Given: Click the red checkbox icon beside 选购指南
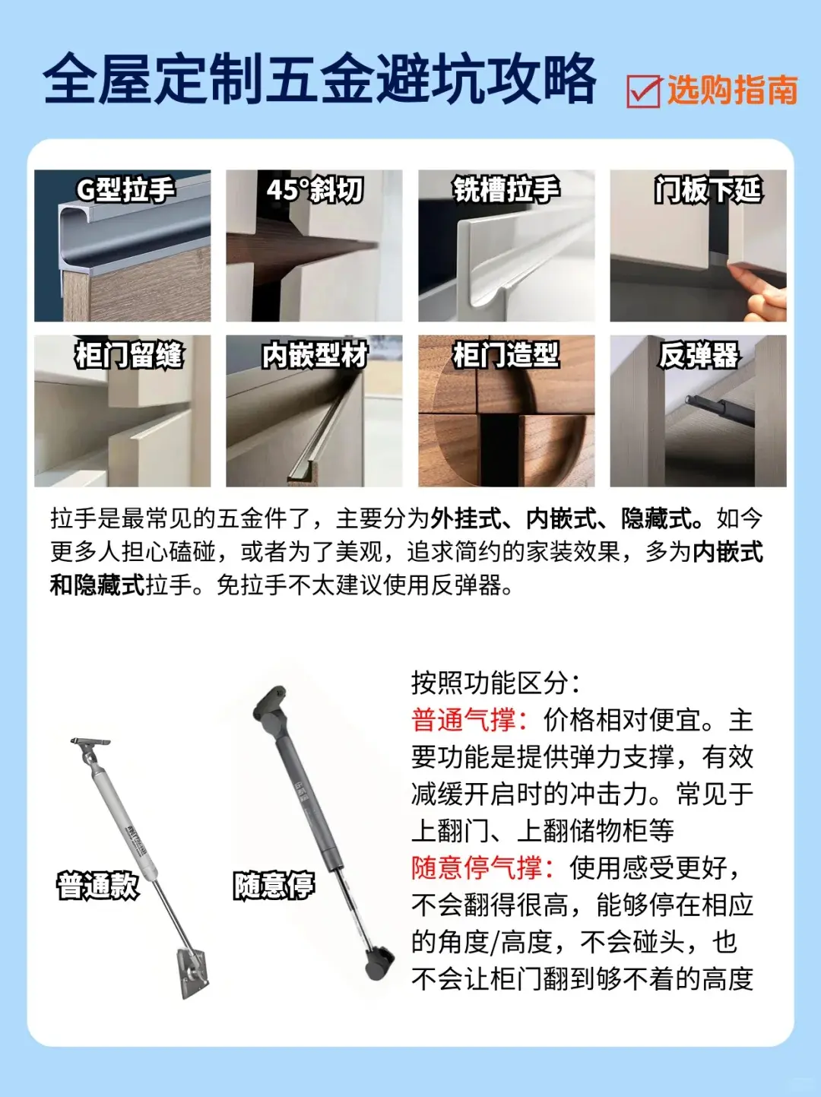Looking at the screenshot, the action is coord(644,90).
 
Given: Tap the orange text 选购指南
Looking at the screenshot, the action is coord(732,90).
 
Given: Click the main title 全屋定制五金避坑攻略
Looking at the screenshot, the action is coord(320,80).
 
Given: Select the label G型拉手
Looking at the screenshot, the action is coord(125,190).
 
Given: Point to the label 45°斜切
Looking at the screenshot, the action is coord(315,190).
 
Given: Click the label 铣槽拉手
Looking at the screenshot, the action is coord(506,190).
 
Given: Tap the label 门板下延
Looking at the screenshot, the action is coord(708,190).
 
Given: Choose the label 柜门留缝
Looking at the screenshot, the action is coord(129,355).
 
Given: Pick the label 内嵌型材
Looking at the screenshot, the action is coord(315,355).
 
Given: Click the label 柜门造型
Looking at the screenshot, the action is coord(506,355).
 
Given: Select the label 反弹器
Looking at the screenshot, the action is coord(699,355).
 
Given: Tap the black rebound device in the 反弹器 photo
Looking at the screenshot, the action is coord(720,408).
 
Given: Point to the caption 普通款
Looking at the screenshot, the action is coord(98,886).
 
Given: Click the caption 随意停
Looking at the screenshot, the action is coord(274,886).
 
